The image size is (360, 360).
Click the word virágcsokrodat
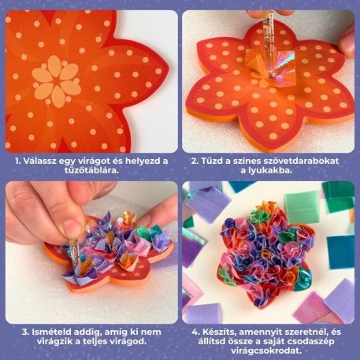click(x=266, y=351)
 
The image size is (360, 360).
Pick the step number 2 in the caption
click(x=195, y=161)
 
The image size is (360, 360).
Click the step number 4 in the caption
click(x=195, y=332)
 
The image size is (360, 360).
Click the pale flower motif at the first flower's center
click(x=57, y=81)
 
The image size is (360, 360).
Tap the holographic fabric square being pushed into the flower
click(x=270, y=65)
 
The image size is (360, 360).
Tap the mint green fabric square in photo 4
click(x=302, y=206)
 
